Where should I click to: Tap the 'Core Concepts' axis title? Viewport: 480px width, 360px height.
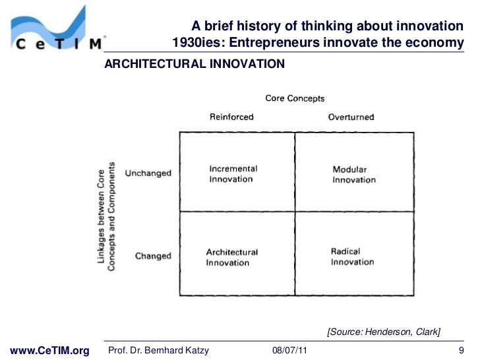295,98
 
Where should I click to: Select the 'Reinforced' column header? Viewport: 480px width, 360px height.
231,117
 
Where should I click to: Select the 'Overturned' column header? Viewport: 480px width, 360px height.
351,117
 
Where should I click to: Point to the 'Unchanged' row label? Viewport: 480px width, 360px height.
148,173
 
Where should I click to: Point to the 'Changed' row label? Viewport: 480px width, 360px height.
153,256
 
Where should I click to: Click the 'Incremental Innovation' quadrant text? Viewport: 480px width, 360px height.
233,173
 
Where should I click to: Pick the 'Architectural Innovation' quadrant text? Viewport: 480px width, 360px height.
232,257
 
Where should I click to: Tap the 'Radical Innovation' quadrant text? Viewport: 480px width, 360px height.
352,256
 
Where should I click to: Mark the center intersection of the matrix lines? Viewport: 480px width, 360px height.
295,212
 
